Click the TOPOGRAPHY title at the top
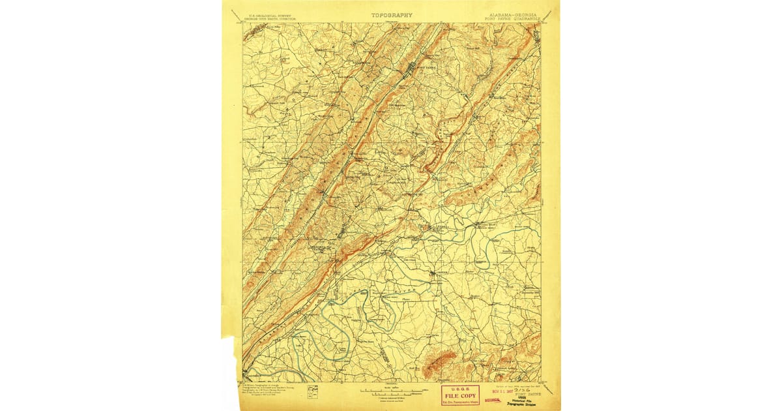click(x=392, y=14)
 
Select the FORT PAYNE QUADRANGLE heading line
click(x=512, y=19)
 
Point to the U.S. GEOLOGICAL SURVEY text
click(x=264, y=14)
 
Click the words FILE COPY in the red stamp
click(x=460, y=395)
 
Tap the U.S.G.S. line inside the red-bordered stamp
click(x=460, y=389)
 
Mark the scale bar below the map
click(x=391, y=393)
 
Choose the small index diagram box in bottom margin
click(x=315, y=391)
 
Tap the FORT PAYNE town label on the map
click(x=426, y=68)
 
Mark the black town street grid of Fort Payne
click(x=413, y=69)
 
